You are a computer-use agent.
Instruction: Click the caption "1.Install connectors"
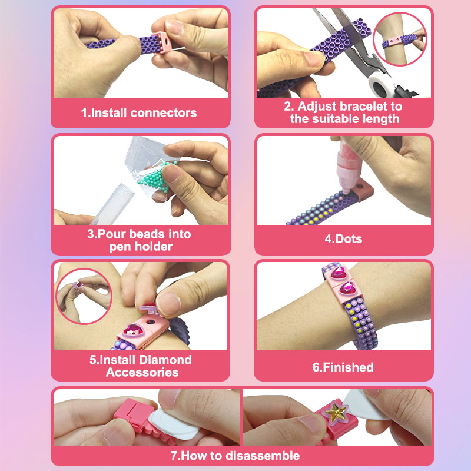[139, 112]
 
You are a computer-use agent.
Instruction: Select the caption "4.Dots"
[343, 239]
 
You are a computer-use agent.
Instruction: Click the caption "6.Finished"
[343, 367]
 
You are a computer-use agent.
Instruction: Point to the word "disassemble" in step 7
[266, 456]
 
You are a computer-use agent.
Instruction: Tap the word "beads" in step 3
[148, 234]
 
